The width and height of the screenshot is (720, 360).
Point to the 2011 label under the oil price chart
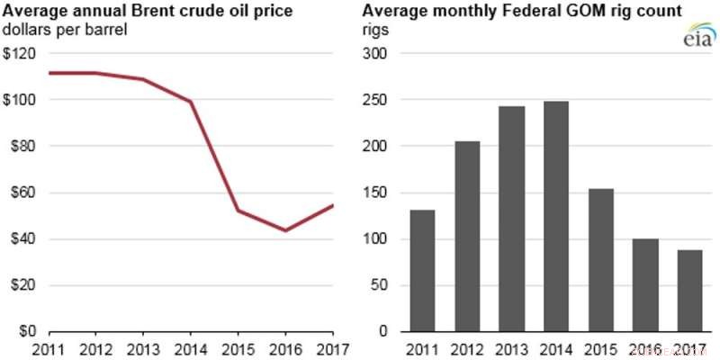[49, 349]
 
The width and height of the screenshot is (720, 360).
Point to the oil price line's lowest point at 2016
[285, 230]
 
